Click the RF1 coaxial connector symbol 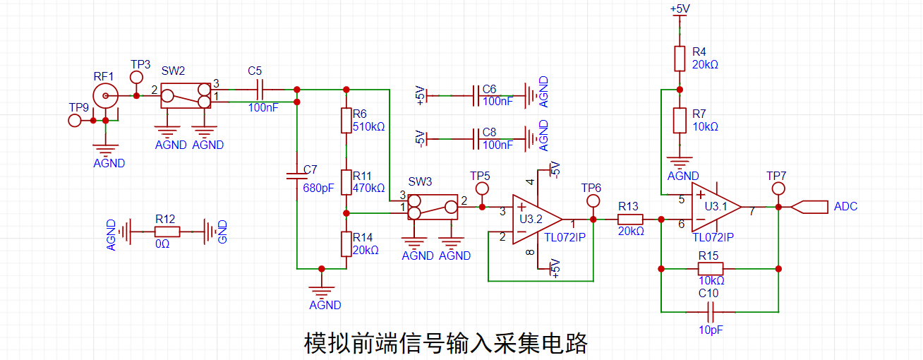coord(107,95)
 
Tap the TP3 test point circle coord(137,76)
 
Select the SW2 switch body coord(186,95)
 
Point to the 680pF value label coord(318,188)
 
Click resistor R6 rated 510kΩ coord(346,121)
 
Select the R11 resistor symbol coord(346,182)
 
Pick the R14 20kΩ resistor coord(346,244)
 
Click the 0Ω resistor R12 coord(167,231)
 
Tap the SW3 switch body coord(432,207)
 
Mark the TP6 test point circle coord(593,201)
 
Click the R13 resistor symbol coord(629,220)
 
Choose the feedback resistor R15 coord(710,268)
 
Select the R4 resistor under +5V coord(680,59)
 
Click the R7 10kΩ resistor coord(680,120)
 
